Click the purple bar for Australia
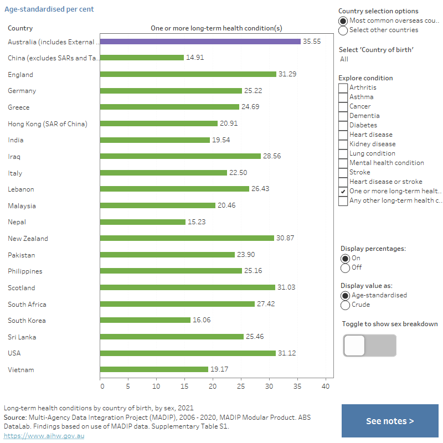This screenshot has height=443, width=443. click(x=200, y=42)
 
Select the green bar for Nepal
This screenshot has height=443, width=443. click(x=143, y=222)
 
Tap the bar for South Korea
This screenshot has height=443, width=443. click(x=145, y=321)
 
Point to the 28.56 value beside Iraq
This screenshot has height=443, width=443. click(x=272, y=156)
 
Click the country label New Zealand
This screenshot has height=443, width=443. click(x=28, y=239)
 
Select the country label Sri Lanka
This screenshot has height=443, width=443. click(x=22, y=337)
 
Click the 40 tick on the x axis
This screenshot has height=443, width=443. click(x=326, y=386)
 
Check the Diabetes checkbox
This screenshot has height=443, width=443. click(x=343, y=125)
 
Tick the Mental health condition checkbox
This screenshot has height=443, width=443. click(x=343, y=163)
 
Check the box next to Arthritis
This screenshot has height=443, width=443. click(x=343, y=87)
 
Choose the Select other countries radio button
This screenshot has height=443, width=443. click(x=343, y=30)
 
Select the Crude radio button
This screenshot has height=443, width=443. click(x=346, y=305)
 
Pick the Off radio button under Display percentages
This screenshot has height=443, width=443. click(x=346, y=268)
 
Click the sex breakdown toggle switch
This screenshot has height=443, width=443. click(x=369, y=346)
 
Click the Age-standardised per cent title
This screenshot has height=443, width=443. click(x=49, y=9)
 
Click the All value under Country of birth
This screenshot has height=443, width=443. click(x=344, y=59)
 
